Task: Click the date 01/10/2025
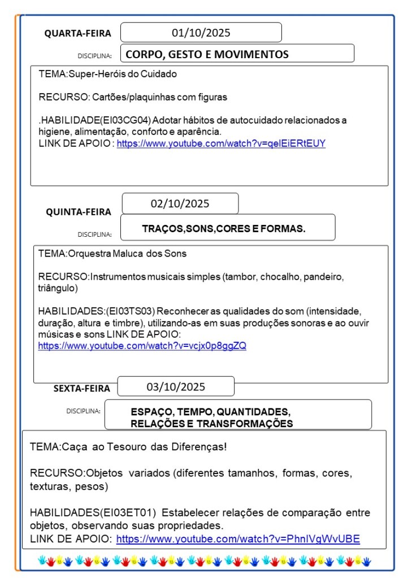pos(201,33)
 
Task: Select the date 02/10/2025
pos(180,203)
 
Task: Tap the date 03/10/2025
pos(176,387)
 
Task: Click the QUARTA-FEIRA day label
pos(78,33)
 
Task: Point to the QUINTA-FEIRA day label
pos(79,212)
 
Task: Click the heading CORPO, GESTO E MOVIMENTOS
pos(207,54)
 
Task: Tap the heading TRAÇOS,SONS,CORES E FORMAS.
pos(224,229)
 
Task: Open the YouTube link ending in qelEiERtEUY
pos(221,144)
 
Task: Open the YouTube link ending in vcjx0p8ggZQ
pos(142,346)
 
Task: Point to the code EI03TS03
pos(134,311)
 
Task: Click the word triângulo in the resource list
pos(57,288)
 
